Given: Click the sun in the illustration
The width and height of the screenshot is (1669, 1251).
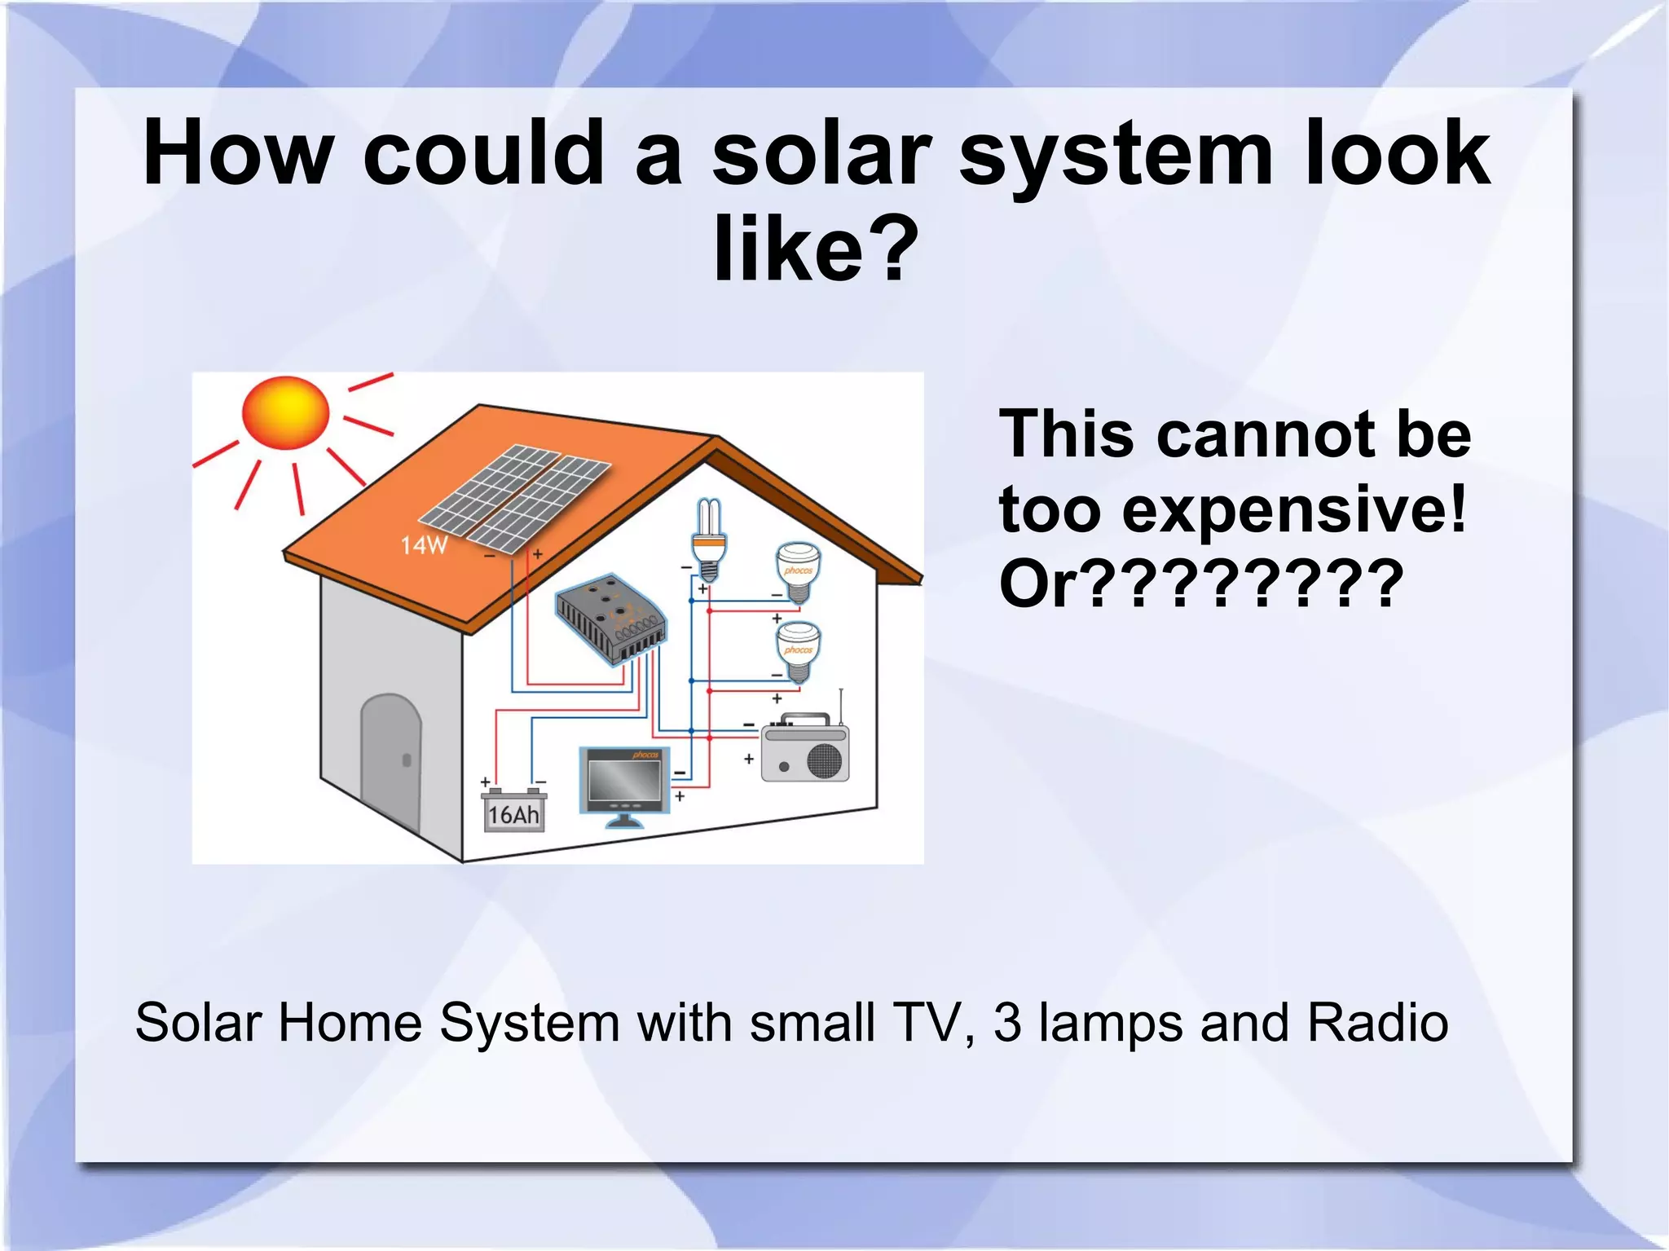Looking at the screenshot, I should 286,412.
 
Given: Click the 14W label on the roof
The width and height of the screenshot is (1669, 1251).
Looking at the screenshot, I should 424,544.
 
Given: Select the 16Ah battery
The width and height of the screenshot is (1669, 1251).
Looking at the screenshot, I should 514,811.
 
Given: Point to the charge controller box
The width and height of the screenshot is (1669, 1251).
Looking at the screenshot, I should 611,619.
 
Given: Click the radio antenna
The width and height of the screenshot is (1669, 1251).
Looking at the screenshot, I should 841,706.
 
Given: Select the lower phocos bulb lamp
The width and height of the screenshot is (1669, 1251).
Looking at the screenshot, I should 798,650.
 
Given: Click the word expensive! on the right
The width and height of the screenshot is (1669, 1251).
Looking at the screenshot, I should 1294,510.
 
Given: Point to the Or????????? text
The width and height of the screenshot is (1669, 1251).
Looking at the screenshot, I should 1201,584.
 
